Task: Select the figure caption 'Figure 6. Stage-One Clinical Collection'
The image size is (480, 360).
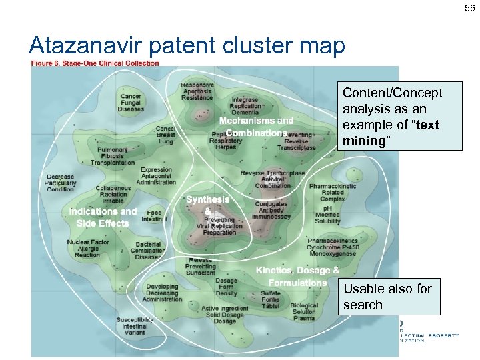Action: (x=95, y=63)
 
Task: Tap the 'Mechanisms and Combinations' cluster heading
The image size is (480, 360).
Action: (x=257, y=127)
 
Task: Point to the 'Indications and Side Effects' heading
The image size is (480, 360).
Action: (x=103, y=217)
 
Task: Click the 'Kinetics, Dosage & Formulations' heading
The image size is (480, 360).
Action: (x=297, y=276)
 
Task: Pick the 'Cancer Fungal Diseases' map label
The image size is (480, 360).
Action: (x=131, y=103)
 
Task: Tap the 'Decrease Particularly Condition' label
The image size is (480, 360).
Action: (x=61, y=183)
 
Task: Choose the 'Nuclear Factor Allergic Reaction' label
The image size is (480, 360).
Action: (x=87, y=249)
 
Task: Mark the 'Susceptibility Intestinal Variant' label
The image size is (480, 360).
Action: (x=134, y=326)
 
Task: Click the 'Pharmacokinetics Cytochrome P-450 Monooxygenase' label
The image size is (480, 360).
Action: (x=333, y=247)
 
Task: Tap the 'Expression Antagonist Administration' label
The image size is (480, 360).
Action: (x=156, y=176)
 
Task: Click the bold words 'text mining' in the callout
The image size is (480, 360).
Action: (x=389, y=133)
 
